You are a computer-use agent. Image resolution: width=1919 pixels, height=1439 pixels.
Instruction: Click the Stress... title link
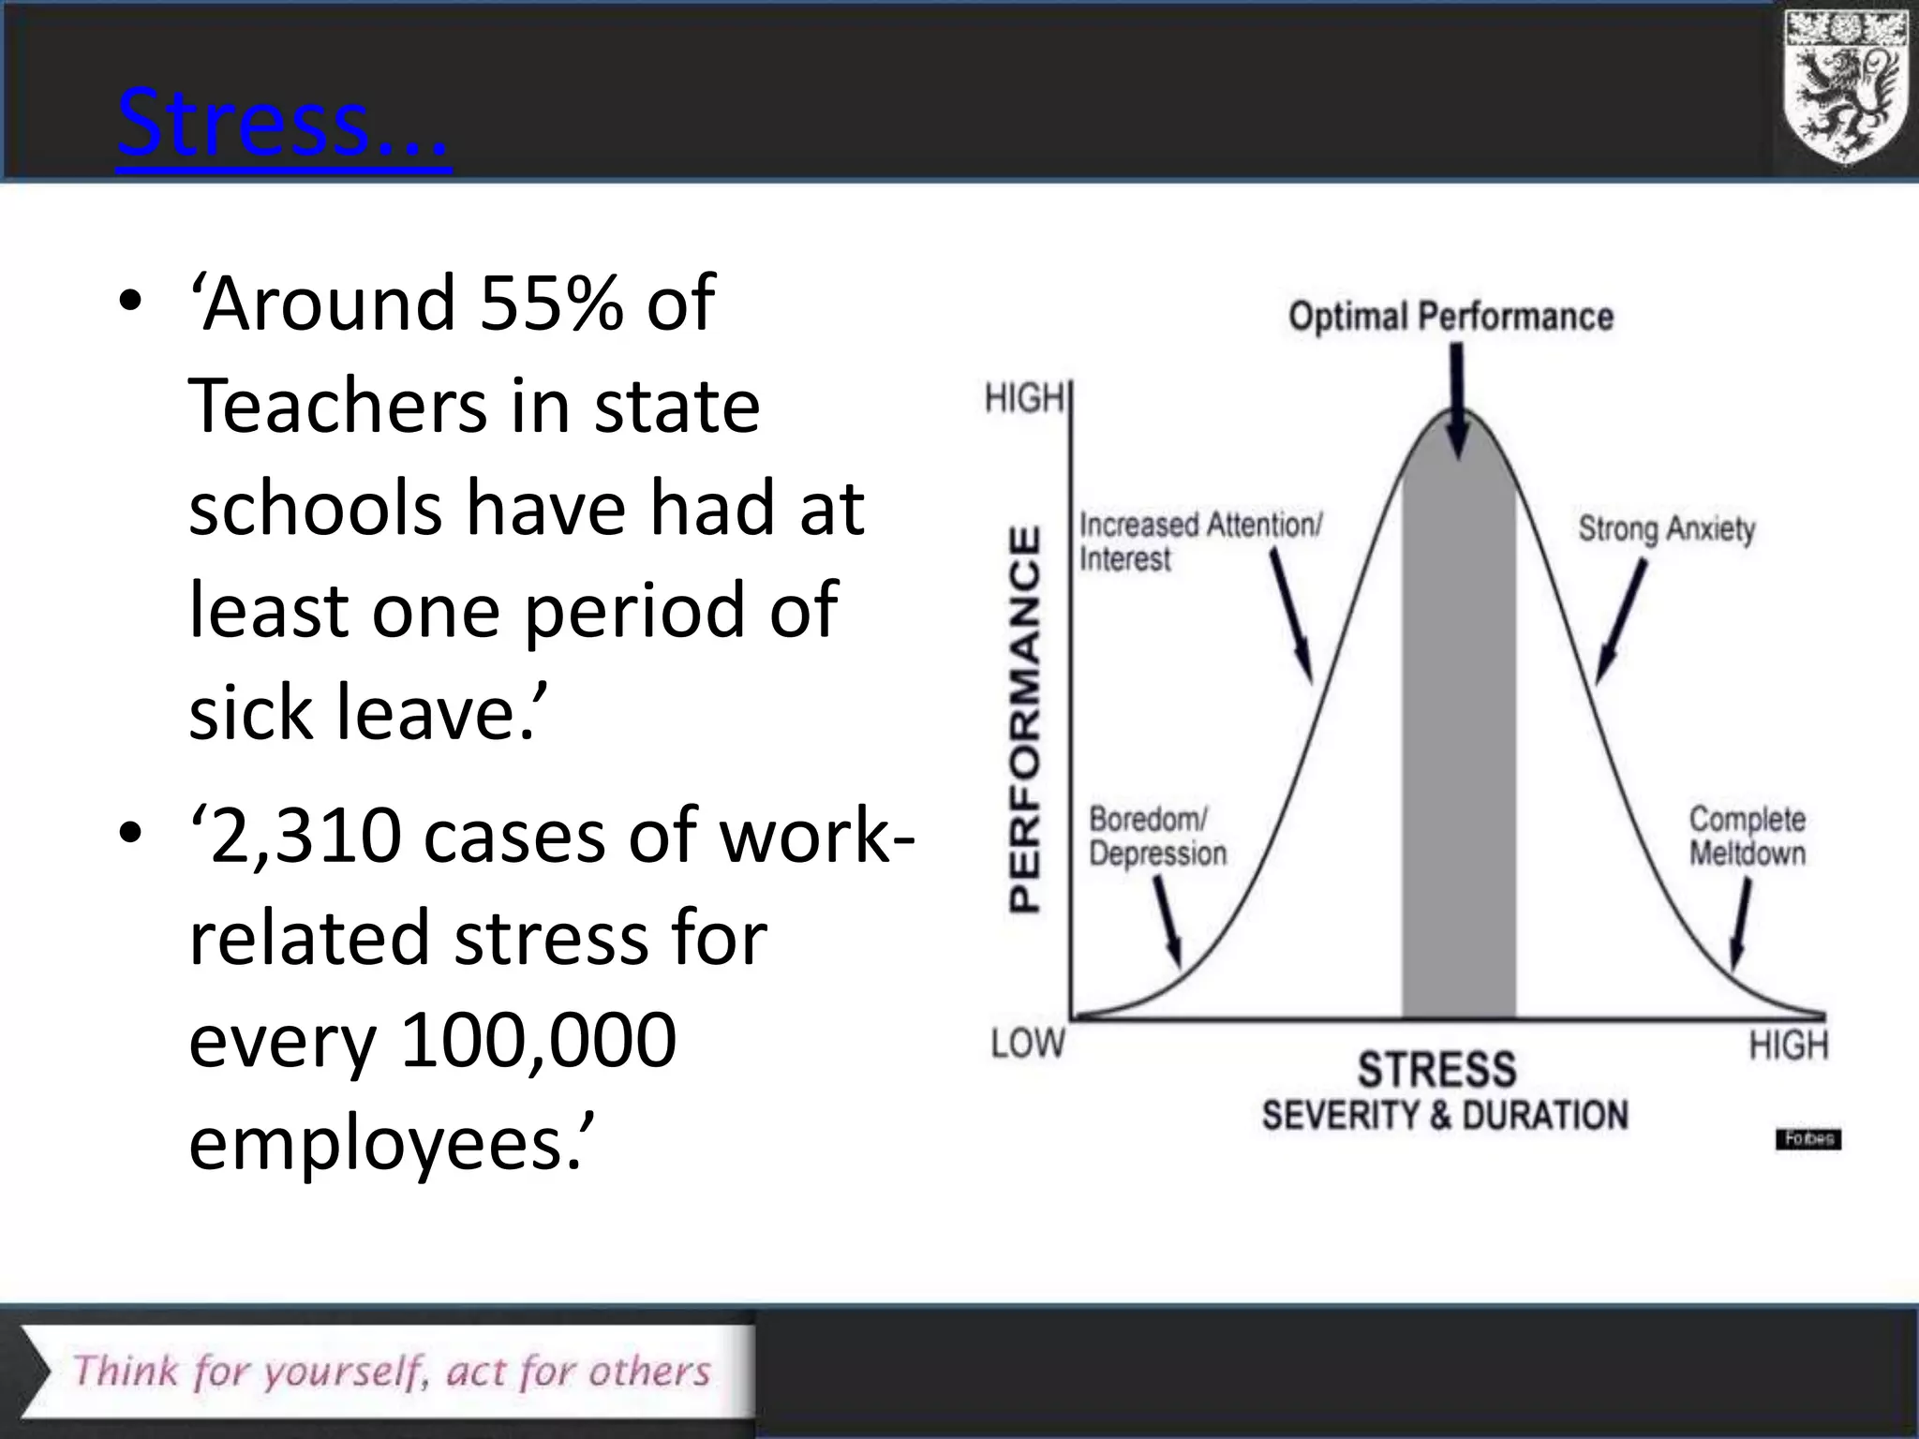[283, 125]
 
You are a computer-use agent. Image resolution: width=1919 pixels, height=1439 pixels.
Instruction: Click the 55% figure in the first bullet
[550, 303]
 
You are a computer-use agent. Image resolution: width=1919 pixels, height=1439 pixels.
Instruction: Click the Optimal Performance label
[1450, 317]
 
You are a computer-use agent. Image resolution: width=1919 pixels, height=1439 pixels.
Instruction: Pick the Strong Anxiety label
[1666, 529]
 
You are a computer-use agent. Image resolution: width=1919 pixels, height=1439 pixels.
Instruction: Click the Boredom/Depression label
[1156, 837]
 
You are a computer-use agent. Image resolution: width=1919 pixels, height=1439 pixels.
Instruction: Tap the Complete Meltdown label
[1747, 837]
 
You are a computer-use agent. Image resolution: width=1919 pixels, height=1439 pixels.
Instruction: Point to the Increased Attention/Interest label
[1199, 541]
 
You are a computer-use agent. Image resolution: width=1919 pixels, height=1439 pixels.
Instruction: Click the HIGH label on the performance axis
[1024, 399]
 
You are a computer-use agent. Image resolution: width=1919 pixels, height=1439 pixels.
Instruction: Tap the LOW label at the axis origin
[1028, 1043]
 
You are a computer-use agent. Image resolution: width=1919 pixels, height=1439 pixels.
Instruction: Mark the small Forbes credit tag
[1807, 1139]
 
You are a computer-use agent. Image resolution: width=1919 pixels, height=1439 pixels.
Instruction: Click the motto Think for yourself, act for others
[392, 1371]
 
